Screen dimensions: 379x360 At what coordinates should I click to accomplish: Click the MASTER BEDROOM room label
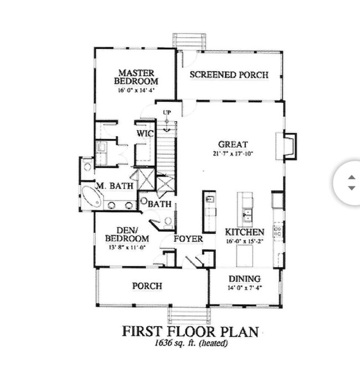click(136, 76)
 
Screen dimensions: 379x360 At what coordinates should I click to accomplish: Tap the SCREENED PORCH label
click(229, 75)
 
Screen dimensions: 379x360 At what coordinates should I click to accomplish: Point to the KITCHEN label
click(244, 232)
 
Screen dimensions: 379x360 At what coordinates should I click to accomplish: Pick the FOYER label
click(188, 239)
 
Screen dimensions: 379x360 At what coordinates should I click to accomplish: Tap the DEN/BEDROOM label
click(127, 235)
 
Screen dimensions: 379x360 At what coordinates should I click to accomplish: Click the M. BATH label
click(115, 186)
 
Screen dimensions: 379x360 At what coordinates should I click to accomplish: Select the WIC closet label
click(145, 133)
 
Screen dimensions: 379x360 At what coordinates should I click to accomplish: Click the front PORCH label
click(147, 286)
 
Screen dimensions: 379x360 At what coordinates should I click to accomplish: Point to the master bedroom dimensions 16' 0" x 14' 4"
click(136, 90)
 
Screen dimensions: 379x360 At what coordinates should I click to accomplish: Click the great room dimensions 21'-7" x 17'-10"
click(232, 154)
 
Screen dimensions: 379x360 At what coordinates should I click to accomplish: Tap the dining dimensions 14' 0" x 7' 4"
click(245, 288)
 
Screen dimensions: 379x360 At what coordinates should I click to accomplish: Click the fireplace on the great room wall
click(289, 147)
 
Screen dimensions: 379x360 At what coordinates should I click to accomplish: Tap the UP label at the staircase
click(166, 113)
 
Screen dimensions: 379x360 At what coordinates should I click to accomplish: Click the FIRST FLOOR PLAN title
click(191, 332)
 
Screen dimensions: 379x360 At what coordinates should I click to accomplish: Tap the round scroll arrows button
click(351, 183)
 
